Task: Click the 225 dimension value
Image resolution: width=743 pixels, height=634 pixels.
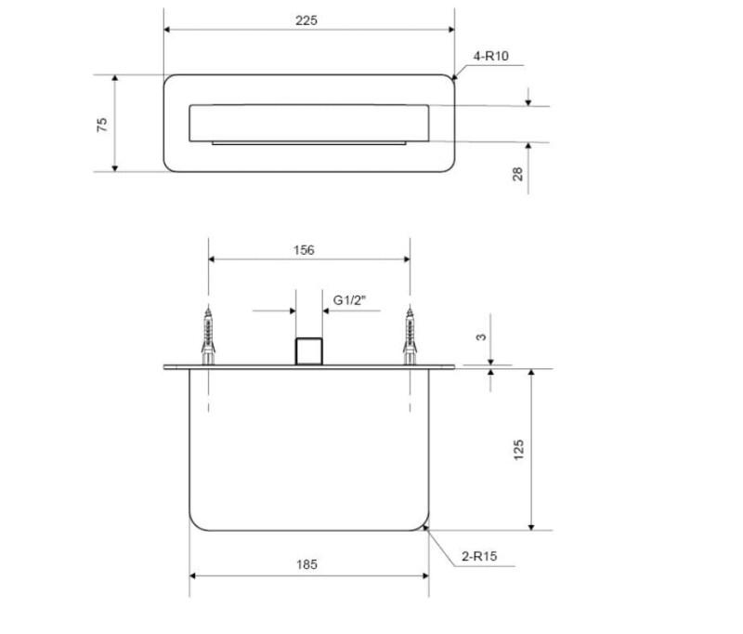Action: coord(306,20)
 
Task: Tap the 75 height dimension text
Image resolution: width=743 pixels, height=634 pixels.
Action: coord(102,125)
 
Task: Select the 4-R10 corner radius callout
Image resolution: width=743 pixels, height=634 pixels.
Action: coord(491,56)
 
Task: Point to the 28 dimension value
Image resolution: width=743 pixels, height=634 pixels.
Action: coord(518,174)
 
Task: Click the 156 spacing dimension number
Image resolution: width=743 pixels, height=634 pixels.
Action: coord(304,250)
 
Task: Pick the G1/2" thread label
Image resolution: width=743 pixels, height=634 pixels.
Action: coord(350,300)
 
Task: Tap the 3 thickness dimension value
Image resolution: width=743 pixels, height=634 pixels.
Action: coord(481,337)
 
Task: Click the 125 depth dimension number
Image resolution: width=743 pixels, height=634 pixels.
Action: coord(519,450)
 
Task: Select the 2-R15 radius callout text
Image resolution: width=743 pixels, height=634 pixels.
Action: coord(479,556)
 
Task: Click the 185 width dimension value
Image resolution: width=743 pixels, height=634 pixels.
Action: coord(306,564)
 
